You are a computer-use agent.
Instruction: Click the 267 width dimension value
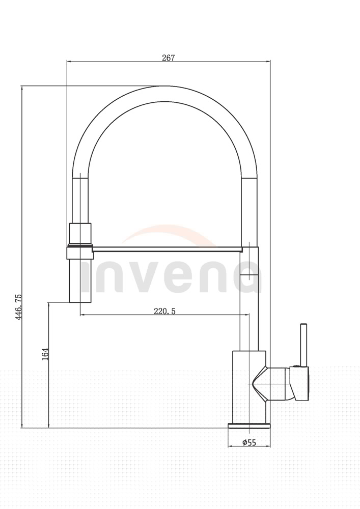[x=169, y=58]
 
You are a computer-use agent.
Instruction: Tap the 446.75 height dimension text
[x=18, y=307]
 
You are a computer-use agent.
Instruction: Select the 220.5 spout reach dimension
[x=164, y=312]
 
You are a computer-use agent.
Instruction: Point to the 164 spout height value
[x=45, y=354]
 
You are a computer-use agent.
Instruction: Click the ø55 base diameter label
[x=249, y=442]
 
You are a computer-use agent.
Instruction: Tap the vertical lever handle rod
[x=304, y=345]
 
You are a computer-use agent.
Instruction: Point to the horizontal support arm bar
[x=167, y=249]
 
